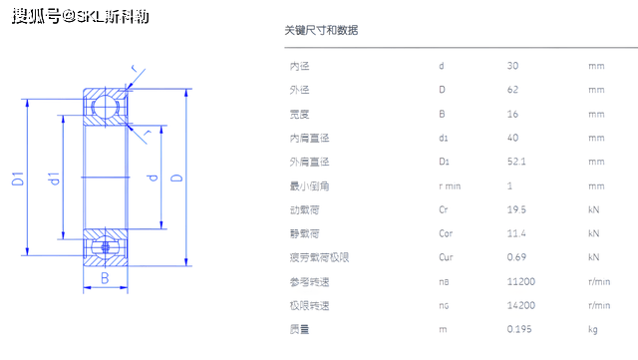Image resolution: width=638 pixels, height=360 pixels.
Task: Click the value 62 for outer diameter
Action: coord(512,90)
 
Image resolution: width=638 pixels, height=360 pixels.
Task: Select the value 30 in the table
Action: coord(512,66)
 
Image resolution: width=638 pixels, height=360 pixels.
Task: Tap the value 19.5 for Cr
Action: coord(515,209)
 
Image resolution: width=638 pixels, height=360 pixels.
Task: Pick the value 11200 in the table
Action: coord(521,281)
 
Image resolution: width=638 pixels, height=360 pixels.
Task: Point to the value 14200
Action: coord(521,305)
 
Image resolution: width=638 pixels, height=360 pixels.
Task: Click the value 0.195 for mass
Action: coord(519,329)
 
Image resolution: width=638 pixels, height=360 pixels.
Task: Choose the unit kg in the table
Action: coord(594,329)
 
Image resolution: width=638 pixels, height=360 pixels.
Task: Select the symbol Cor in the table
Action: coord(446,233)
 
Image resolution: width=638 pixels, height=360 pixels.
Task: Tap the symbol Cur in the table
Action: coord(446,257)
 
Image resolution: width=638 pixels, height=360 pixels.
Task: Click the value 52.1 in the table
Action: coord(515,162)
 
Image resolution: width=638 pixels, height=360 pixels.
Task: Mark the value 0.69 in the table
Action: coord(515,257)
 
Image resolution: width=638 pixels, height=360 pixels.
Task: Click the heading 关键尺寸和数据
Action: coord(321,30)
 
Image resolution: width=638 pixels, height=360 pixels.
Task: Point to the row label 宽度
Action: coord(301,114)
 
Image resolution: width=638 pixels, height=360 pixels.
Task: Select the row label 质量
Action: coord(301,329)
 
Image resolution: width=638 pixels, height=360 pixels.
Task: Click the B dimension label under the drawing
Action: coord(104,279)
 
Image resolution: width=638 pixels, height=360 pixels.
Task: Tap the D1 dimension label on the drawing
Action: coord(18,180)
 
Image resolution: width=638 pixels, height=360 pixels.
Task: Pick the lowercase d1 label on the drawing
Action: coord(55,180)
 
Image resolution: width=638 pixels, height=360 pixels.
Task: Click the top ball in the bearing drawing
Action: coord(104,106)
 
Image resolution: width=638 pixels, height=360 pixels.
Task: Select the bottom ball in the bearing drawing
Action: coord(104,244)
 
